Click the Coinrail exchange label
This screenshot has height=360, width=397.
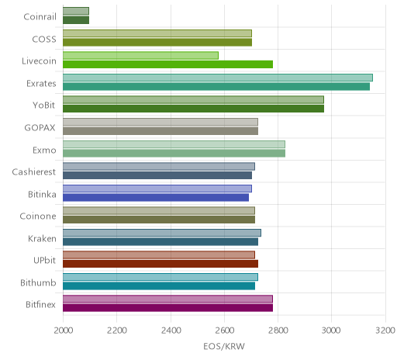pos(40,17)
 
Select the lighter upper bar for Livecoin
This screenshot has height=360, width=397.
pos(140,56)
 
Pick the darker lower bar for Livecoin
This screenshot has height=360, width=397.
pos(167,64)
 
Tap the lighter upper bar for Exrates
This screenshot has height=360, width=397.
pos(218,78)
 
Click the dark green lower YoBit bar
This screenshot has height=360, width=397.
pos(193,109)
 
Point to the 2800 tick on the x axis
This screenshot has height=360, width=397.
pos(278,331)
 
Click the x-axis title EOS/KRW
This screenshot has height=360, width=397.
pos(224,346)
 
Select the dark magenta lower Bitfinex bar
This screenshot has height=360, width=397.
pos(167,308)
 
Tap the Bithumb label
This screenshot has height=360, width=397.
pos(38,282)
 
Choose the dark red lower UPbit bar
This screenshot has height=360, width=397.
pos(161,264)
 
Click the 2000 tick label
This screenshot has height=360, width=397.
pos(64,331)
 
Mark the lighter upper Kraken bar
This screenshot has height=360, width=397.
pos(162,233)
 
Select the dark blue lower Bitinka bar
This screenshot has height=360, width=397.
pos(156,197)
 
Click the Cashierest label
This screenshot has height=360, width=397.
pos(34,172)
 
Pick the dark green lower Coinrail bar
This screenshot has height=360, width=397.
pos(76,20)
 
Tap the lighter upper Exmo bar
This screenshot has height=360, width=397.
pos(174,144)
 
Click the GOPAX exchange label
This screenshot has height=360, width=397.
pos(40,128)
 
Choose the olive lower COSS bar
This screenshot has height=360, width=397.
pos(157,43)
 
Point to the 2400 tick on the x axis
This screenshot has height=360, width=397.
pos(171,331)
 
